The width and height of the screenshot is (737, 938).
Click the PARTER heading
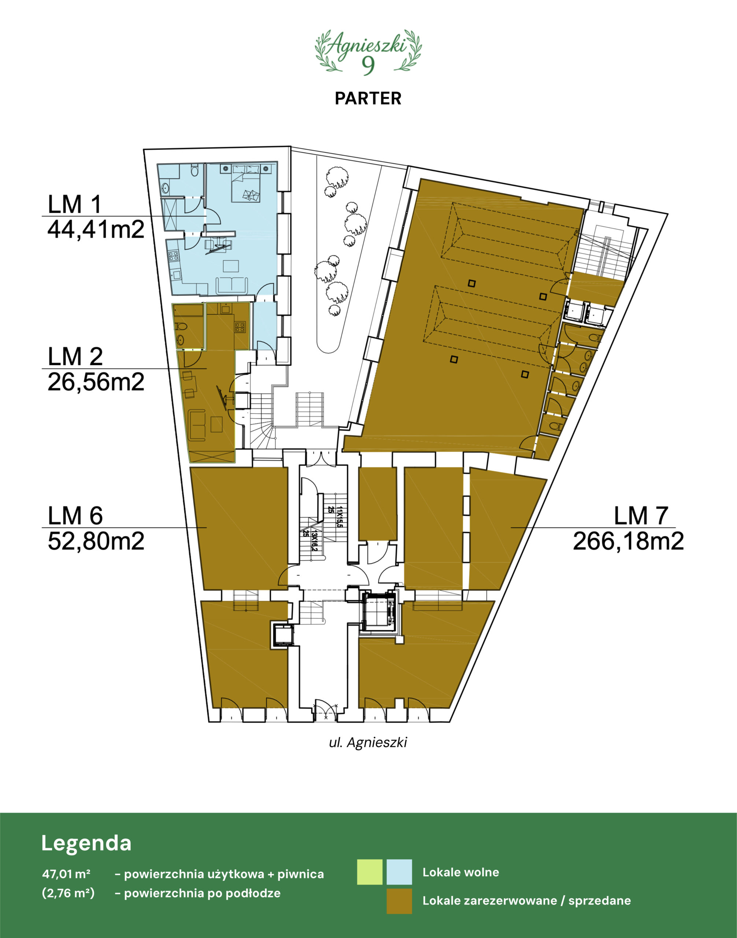[368, 99]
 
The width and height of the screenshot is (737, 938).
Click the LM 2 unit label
[75, 357]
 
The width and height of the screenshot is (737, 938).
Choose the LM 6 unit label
[75, 516]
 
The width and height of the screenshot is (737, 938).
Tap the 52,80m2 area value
[96, 541]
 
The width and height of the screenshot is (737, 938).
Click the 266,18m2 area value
[628, 541]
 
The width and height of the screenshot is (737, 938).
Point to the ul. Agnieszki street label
[368, 742]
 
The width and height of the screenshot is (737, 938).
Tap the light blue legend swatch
[399, 872]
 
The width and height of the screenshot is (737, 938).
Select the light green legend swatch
[370, 872]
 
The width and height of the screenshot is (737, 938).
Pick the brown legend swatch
[399, 901]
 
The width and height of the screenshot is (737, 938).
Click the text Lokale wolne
[461, 872]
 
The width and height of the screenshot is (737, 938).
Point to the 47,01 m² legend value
[66, 874]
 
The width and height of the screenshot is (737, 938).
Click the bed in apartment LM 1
[246, 183]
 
